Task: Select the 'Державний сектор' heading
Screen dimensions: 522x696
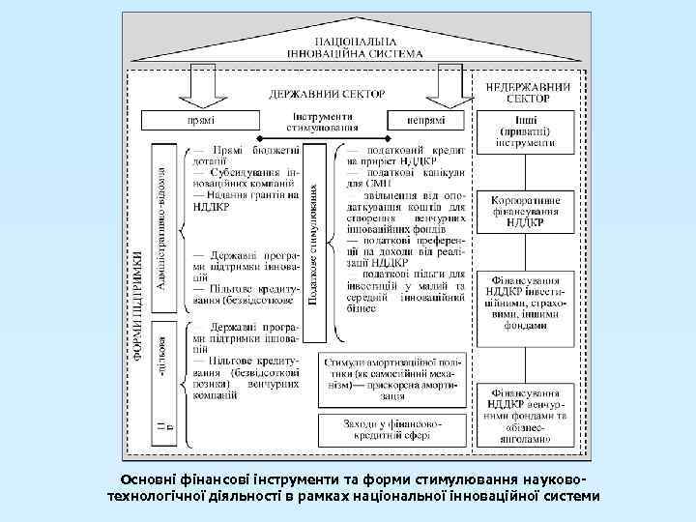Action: coord(327,94)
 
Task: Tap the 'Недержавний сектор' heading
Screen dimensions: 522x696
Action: coord(527,91)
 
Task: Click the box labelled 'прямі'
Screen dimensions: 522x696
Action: coord(201,120)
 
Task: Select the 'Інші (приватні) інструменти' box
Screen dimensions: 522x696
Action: coord(527,130)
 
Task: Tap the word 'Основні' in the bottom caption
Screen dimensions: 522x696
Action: coord(150,480)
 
